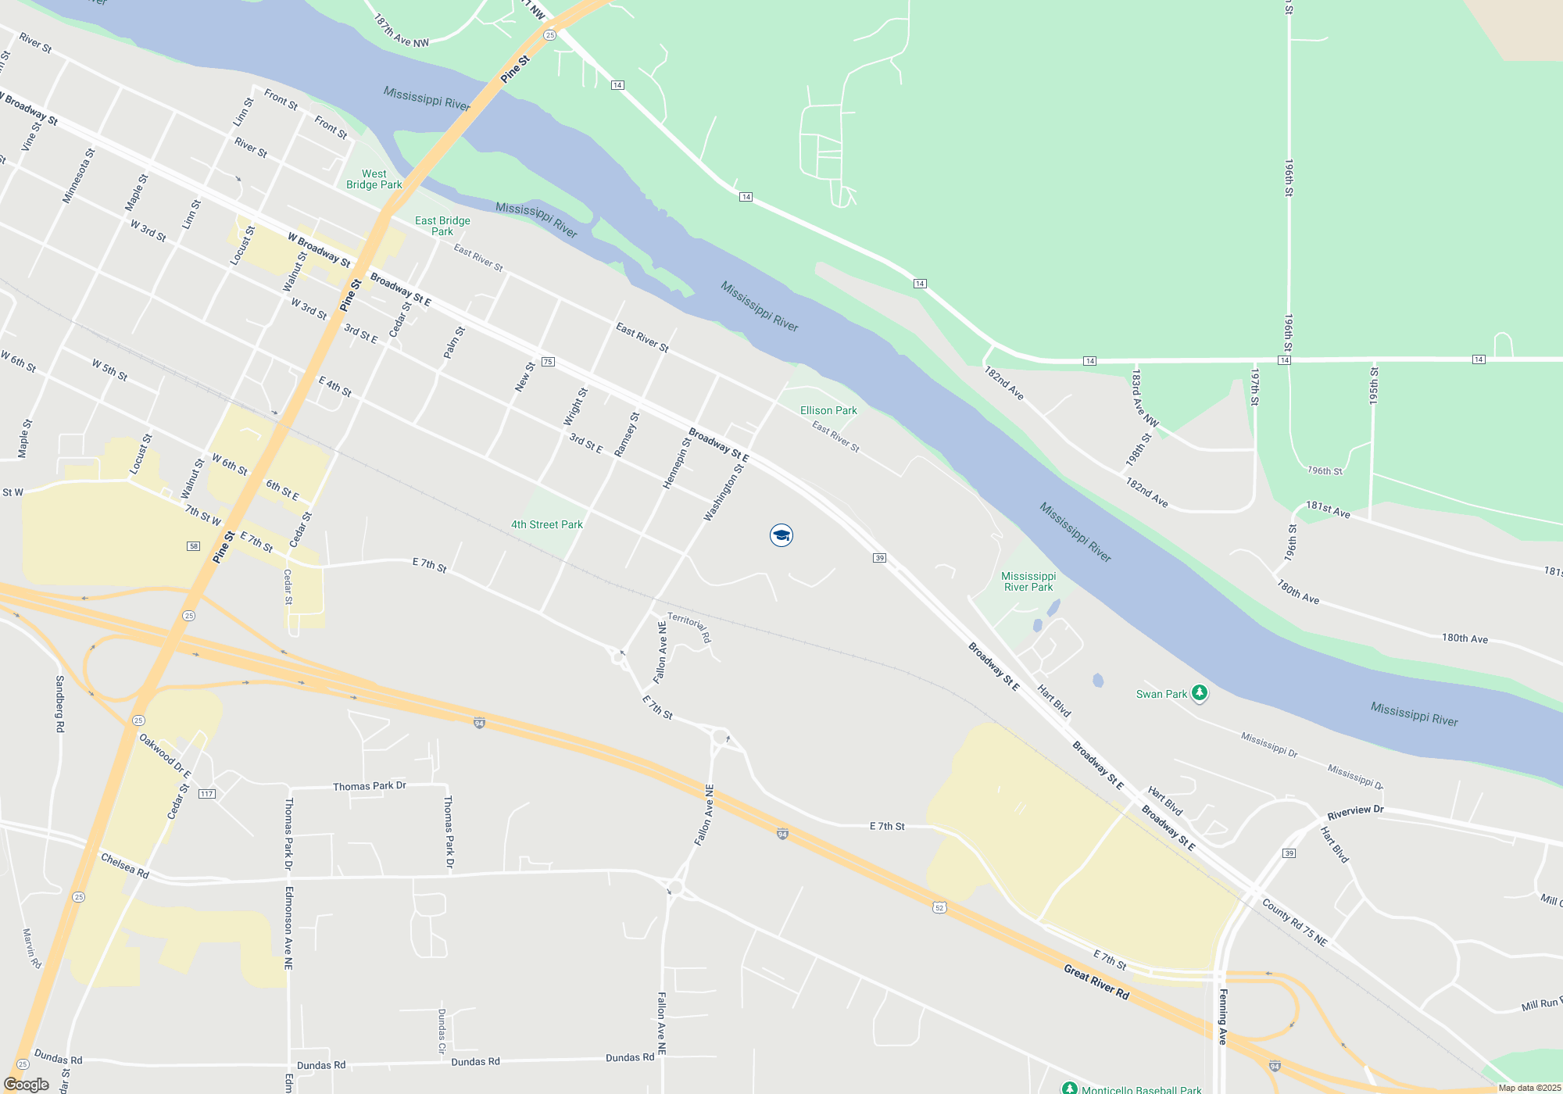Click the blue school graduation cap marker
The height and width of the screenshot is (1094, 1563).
(781, 535)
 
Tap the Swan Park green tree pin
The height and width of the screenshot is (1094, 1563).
(1200, 692)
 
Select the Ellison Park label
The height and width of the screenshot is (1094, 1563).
(828, 410)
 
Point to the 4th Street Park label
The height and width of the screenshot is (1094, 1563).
(547, 524)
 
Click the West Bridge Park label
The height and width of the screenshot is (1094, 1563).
(374, 180)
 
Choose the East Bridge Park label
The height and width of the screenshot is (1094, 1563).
(442, 226)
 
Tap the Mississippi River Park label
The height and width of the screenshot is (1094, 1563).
(1028, 581)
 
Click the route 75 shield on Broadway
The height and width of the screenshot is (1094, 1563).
(548, 362)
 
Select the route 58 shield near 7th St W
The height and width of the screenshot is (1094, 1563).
(193, 546)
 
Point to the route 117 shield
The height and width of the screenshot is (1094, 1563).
(206, 794)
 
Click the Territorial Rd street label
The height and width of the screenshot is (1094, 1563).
(689, 627)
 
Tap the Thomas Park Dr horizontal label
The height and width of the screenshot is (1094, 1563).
(370, 786)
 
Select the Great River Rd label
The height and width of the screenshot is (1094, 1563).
(1096, 982)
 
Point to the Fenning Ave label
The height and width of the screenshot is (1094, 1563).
(1223, 1017)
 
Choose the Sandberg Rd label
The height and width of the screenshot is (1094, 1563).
(59, 703)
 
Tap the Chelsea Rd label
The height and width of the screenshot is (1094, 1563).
(125, 866)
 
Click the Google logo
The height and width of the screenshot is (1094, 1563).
(27, 1085)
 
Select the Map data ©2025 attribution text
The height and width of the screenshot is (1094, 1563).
(1529, 1088)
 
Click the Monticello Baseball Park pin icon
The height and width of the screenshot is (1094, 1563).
(1069, 1089)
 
